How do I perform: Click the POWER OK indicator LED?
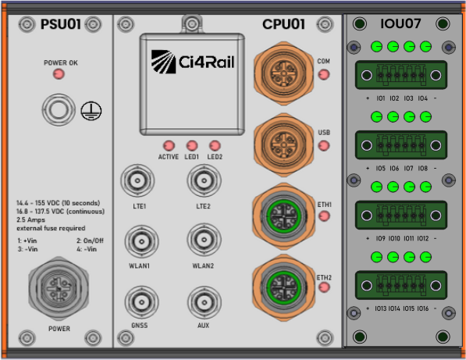click(x=59, y=74)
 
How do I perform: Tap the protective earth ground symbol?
click(x=91, y=111)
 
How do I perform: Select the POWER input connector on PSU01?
click(x=59, y=288)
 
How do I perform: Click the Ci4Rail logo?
click(x=193, y=62)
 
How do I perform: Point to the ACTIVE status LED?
click(x=169, y=146)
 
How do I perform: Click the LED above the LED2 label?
click(x=215, y=146)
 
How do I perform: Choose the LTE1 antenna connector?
click(x=137, y=180)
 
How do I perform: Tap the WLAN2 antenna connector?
click(x=204, y=240)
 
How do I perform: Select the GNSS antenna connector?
click(x=141, y=302)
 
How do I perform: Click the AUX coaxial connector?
click(x=205, y=303)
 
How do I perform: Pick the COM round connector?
click(x=283, y=73)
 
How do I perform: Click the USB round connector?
click(x=283, y=144)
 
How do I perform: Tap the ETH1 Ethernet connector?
click(x=283, y=216)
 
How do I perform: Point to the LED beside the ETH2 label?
click(x=324, y=287)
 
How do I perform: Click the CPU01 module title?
click(x=283, y=24)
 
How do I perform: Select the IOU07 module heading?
click(x=400, y=23)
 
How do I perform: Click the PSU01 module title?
click(x=61, y=24)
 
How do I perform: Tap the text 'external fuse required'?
click(x=51, y=228)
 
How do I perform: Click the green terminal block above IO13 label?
click(x=401, y=285)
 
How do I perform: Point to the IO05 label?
click(x=380, y=168)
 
